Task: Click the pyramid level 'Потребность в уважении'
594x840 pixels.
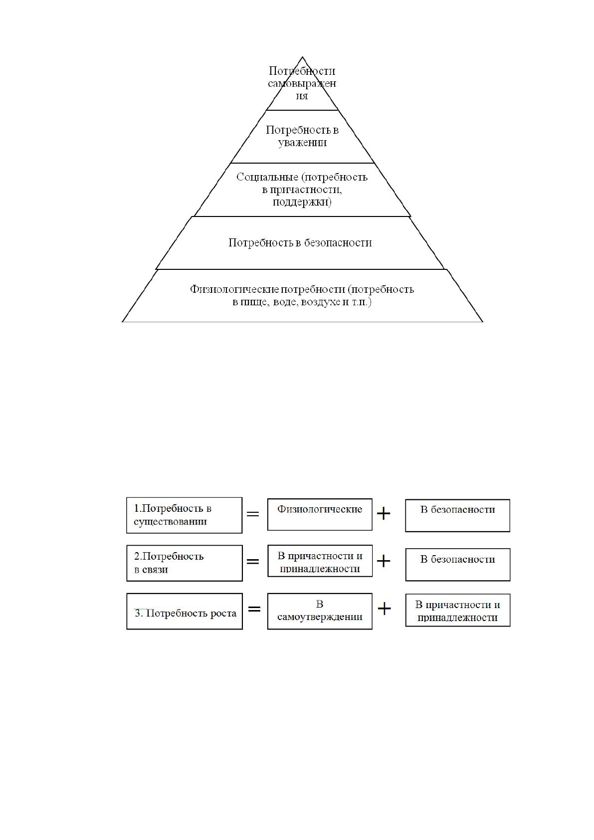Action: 302,136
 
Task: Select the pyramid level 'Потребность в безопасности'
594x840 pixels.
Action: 300,242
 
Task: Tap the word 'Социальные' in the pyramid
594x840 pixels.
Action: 267,177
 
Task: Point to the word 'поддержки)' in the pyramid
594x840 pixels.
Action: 302,202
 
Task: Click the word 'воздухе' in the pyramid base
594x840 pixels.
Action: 321,301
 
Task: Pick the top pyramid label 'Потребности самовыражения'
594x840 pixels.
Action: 302,83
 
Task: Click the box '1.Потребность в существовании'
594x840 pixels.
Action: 184,515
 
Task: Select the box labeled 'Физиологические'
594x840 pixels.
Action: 320,514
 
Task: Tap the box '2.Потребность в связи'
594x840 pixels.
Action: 184,563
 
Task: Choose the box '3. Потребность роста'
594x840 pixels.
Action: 184,611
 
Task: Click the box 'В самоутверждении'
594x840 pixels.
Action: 320,611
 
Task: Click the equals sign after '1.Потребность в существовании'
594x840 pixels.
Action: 253,514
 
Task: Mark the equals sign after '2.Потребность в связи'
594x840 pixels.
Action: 253,561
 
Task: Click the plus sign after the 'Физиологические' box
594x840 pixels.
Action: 383,513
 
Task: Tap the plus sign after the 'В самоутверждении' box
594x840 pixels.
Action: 384,609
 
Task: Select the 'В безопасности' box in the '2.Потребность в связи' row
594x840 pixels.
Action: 457,565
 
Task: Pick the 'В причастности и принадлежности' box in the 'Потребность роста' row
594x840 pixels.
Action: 457,610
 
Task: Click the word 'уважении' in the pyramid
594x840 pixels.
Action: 302,143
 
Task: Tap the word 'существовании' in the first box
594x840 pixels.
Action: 170,522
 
